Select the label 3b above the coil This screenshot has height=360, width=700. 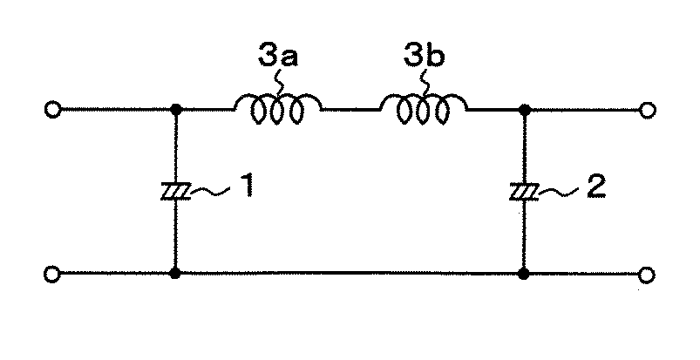424,57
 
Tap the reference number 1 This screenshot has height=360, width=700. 245,186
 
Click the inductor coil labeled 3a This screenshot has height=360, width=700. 278,109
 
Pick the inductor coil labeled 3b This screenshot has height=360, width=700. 423,109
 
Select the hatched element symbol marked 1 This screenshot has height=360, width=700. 176,192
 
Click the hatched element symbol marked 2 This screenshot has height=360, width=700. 525,192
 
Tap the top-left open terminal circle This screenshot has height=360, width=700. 52,110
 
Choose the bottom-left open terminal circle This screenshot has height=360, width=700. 51,274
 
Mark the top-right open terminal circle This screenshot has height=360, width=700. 648,110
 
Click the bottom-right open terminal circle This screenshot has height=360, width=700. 647,275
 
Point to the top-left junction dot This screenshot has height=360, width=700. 176,109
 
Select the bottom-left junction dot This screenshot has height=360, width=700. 175,274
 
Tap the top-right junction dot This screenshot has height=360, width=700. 525,109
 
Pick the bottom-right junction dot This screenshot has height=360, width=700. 524,274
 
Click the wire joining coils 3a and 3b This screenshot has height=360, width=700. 351,109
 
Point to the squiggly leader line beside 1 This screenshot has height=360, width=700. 210,191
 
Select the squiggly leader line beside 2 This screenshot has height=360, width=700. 559,192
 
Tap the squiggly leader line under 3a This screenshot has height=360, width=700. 279,83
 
